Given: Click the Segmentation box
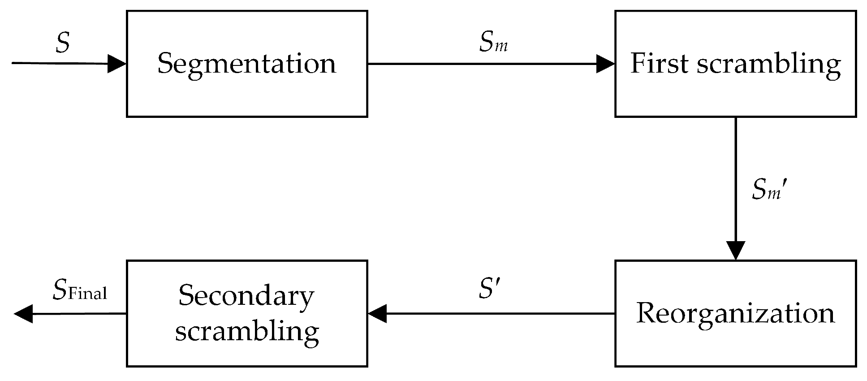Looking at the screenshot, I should point(247,64).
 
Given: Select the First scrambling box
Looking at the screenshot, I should point(735,64).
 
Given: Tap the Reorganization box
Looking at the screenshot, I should point(735,313).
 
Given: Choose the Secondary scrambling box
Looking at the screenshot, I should point(247,313).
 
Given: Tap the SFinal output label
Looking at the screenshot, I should point(80,290).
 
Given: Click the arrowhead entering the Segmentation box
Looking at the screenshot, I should point(117,64).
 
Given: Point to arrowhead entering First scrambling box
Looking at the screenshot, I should point(606,64).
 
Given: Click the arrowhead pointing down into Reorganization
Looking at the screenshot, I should point(735,251).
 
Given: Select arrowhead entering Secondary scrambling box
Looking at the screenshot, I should point(377,313).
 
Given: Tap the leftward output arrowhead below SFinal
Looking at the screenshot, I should point(23,313).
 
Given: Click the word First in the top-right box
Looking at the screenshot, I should point(659,64).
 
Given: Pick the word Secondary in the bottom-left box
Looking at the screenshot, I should point(246,296).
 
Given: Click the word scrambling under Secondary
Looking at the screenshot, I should point(247,332).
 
